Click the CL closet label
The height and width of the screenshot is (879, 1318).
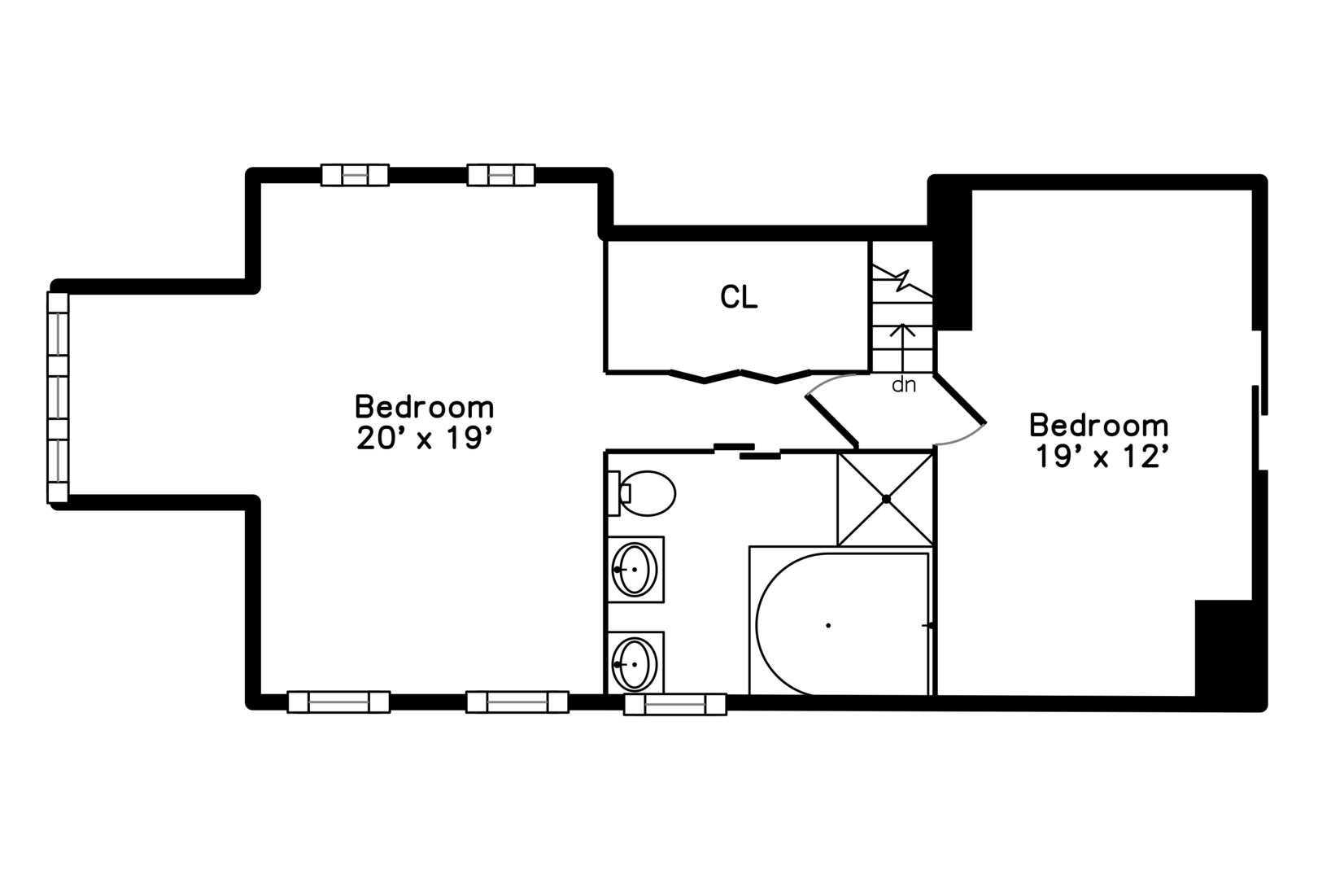tap(739, 297)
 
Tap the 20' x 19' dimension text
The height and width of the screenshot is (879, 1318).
tap(424, 438)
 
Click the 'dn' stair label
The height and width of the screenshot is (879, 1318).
tap(904, 385)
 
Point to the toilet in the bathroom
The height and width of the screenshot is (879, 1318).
tap(641, 493)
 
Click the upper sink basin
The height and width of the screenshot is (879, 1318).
tap(635, 570)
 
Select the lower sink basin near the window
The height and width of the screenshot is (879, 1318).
tap(635, 664)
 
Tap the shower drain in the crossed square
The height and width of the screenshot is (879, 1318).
tap(886, 499)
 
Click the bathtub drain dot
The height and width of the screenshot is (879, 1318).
tap(828, 625)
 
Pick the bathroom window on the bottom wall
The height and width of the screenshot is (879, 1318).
tap(675, 704)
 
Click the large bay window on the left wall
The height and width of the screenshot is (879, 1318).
tap(58, 397)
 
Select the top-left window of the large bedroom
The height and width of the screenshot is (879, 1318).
tap(355, 176)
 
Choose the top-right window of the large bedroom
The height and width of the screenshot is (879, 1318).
tap(500, 176)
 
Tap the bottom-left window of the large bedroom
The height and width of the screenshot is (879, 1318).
tap(338, 702)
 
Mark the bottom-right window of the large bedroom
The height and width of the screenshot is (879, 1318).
tap(517, 702)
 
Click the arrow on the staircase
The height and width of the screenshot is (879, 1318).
tap(902, 348)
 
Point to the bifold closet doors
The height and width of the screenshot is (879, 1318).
tap(740, 376)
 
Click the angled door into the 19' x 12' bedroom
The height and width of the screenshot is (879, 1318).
tap(960, 399)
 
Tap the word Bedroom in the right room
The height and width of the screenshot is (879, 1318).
tap(1098, 425)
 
